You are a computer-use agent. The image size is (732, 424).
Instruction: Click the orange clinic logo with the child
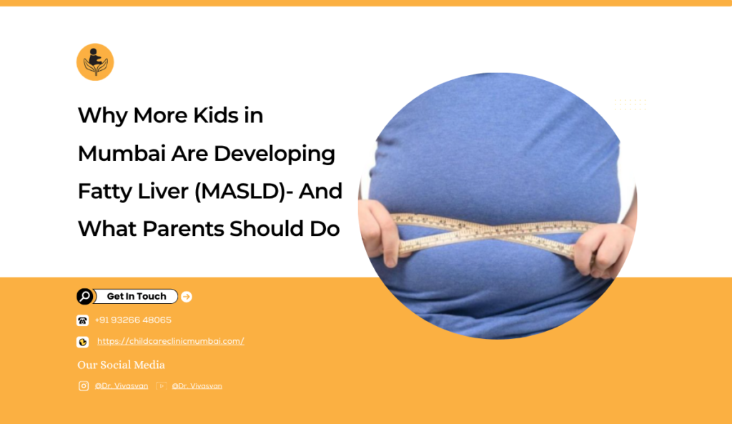coord(95,62)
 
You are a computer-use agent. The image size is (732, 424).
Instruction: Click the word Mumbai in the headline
coord(122,154)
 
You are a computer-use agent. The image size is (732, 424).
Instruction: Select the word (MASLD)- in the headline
coord(244,192)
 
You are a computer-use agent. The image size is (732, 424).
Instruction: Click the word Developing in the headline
coord(274,154)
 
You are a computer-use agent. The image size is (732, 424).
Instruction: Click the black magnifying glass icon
coord(85,297)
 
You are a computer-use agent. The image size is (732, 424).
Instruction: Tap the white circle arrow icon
coord(187,297)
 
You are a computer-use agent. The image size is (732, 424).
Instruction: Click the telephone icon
coord(83,320)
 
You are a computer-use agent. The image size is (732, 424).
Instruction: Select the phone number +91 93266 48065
coord(133,320)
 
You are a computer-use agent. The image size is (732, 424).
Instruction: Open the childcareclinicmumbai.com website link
coord(170,341)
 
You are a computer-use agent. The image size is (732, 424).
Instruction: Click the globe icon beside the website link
coord(83,342)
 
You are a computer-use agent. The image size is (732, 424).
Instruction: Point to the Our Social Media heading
coord(121,365)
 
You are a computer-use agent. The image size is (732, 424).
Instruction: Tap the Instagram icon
coord(84,385)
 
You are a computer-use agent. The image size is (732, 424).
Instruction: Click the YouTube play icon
coord(161,385)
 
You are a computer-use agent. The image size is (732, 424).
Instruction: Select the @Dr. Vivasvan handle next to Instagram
coord(122,386)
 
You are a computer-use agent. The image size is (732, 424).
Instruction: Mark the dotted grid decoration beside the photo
coord(630,104)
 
